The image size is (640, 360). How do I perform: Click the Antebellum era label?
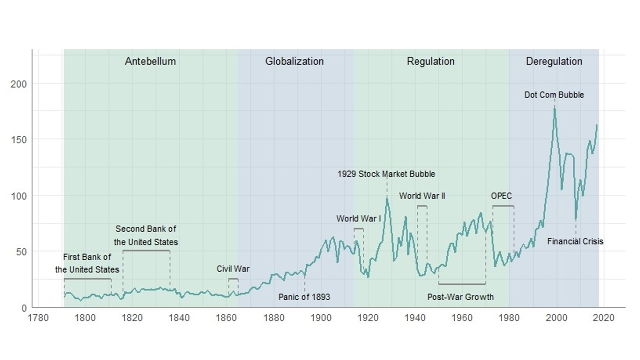pos(150,61)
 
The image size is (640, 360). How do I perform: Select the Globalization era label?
pos(294,61)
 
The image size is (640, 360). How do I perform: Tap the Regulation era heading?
pos(430,61)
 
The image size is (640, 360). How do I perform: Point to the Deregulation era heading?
pos(554,61)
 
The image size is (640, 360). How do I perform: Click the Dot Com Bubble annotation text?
pos(554,95)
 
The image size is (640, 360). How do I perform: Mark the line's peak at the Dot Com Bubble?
pos(555,107)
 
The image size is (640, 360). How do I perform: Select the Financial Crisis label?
pos(575,241)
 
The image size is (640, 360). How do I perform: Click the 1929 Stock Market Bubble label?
pos(386,174)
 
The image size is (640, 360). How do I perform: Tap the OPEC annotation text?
pos(501,196)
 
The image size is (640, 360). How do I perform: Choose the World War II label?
pos(422,196)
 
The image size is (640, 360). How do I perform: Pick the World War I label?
pos(359,219)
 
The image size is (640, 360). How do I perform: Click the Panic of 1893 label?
pos(304,297)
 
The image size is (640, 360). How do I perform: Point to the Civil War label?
pos(233,269)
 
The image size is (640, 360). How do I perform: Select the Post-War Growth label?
pos(460,297)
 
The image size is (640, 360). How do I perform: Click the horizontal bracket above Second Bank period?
pos(146,251)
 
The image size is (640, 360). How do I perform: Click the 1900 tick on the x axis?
pos(321,318)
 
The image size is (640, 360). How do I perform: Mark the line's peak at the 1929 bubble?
pos(387,198)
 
